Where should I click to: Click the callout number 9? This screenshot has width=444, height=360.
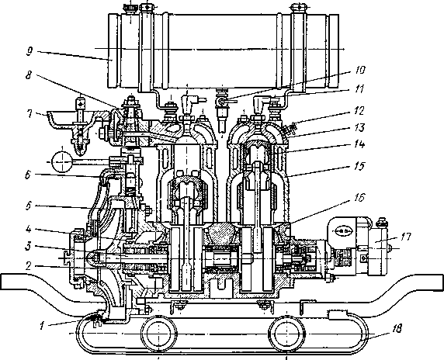(29, 52)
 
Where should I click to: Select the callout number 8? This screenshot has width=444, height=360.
(28, 75)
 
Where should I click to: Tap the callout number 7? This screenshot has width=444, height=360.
(29, 114)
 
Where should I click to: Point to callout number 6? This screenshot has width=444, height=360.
(28, 175)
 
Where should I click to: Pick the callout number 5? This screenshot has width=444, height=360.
(28, 206)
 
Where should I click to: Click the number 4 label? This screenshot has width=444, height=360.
(28, 229)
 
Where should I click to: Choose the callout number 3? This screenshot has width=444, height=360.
(28, 247)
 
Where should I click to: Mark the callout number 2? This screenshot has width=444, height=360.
(28, 266)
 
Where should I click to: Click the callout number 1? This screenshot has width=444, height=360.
(42, 326)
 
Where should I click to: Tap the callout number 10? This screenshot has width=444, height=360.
(359, 70)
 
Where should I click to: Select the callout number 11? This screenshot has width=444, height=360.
(359, 89)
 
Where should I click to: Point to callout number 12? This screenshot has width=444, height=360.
(359, 110)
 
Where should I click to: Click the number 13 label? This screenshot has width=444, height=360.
(359, 128)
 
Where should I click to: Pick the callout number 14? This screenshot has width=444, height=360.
(359, 144)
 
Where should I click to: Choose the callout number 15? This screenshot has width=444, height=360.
(359, 166)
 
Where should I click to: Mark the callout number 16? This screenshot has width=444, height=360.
(359, 198)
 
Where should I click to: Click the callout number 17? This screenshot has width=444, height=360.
(405, 237)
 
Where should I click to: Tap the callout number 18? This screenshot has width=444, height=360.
(397, 329)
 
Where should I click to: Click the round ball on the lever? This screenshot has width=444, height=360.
(62, 161)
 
